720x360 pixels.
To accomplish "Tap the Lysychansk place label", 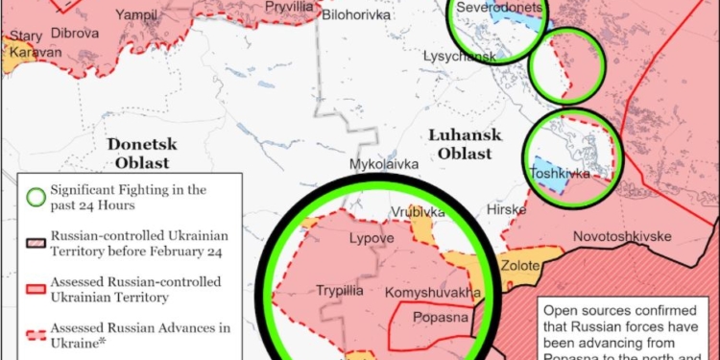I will click(x=460, y=57).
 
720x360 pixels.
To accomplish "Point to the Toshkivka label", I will click(x=560, y=174).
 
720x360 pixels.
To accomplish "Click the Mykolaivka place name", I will click(x=384, y=164).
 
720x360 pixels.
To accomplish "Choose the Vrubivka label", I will click(x=417, y=211).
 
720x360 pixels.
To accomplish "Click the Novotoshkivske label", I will click(x=622, y=236).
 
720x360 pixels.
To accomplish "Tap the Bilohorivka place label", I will click(x=356, y=16).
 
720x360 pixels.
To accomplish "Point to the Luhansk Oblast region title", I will click(x=460, y=144).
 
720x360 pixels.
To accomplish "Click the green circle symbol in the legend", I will click(x=36, y=198).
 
